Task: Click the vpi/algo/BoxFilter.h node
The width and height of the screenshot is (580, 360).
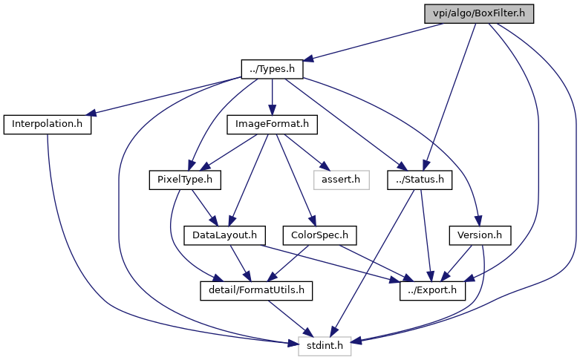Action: [x=479, y=14]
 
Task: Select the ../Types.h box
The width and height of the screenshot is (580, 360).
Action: [x=273, y=69]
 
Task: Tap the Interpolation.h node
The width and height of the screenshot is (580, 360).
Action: [x=47, y=124]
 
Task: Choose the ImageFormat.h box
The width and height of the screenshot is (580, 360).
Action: [x=273, y=124]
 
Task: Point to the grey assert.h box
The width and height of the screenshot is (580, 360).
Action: [x=341, y=180]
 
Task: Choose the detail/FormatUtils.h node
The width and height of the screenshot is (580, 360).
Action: [x=256, y=290]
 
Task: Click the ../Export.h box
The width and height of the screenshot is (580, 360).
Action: [x=433, y=290]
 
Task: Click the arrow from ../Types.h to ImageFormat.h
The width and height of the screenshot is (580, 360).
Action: [x=273, y=96]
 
